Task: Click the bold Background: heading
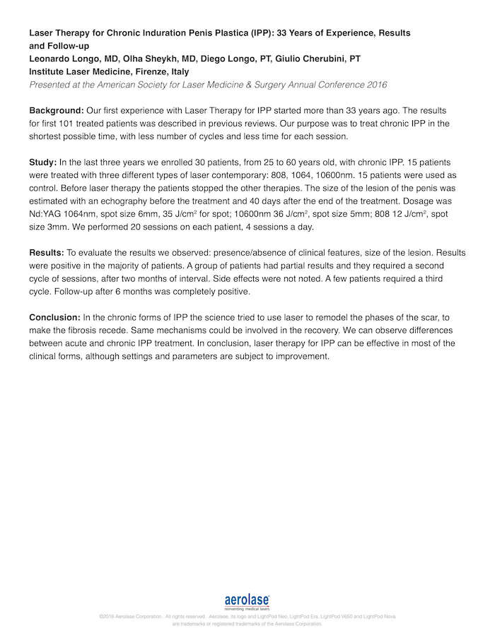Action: [56, 111]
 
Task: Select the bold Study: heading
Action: [43, 162]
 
